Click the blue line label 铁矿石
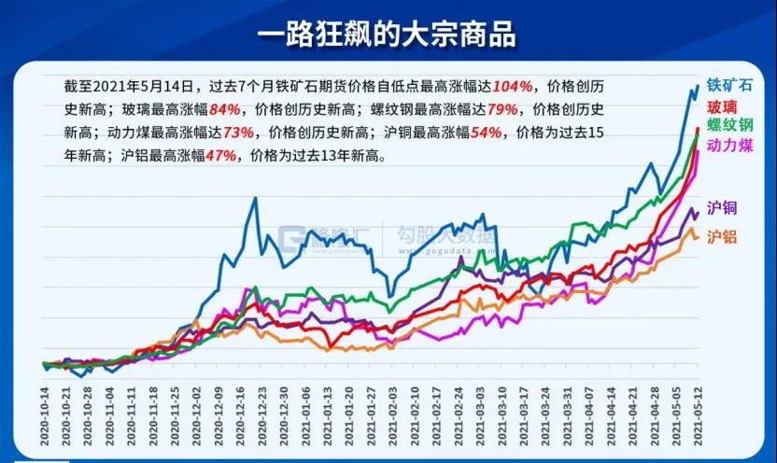728,85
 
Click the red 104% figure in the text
514,86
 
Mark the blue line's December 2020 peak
254,198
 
